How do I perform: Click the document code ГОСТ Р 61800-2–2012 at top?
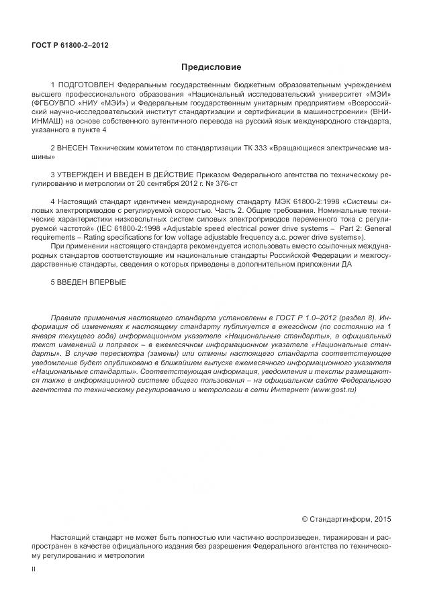pos(70,45)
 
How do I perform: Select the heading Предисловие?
pos(211,67)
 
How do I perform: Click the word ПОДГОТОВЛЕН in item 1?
pos(86,85)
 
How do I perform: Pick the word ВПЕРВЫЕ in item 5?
pos(104,281)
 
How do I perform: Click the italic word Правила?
pos(65,317)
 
